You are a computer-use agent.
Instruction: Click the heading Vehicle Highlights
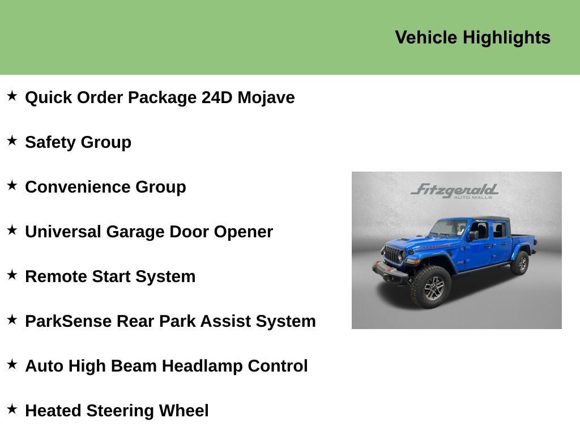click(472, 37)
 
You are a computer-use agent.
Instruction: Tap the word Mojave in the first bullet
click(266, 97)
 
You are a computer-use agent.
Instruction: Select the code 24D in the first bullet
click(217, 97)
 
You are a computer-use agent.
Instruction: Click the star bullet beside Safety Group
click(12, 141)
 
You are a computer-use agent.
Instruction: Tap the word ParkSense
click(68, 321)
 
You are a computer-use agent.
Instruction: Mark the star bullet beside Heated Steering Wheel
click(12, 410)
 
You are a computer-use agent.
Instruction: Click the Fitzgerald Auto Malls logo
click(455, 190)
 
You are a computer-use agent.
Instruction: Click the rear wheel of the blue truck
click(519, 263)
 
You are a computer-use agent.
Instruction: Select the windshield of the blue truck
click(449, 228)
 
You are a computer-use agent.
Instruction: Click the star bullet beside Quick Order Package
click(12, 96)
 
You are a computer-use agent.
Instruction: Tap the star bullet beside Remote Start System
click(12, 275)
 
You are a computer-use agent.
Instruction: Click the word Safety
click(50, 142)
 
